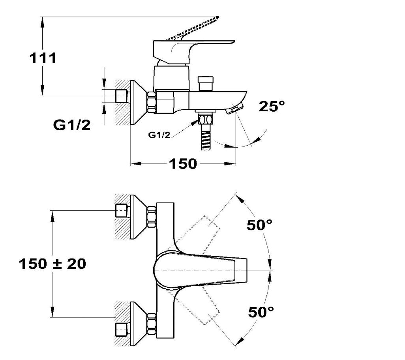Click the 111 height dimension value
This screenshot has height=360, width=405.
(x=43, y=58)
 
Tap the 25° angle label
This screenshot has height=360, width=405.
(x=272, y=106)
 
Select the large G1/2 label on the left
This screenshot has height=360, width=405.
(x=72, y=125)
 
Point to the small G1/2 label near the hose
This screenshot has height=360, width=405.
(x=159, y=135)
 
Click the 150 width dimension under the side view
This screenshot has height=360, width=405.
(x=183, y=164)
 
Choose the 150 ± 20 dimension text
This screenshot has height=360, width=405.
(x=52, y=264)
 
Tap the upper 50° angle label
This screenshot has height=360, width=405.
(x=260, y=225)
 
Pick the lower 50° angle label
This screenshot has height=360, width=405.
(x=261, y=312)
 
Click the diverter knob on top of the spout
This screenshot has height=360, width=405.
(x=206, y=83)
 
